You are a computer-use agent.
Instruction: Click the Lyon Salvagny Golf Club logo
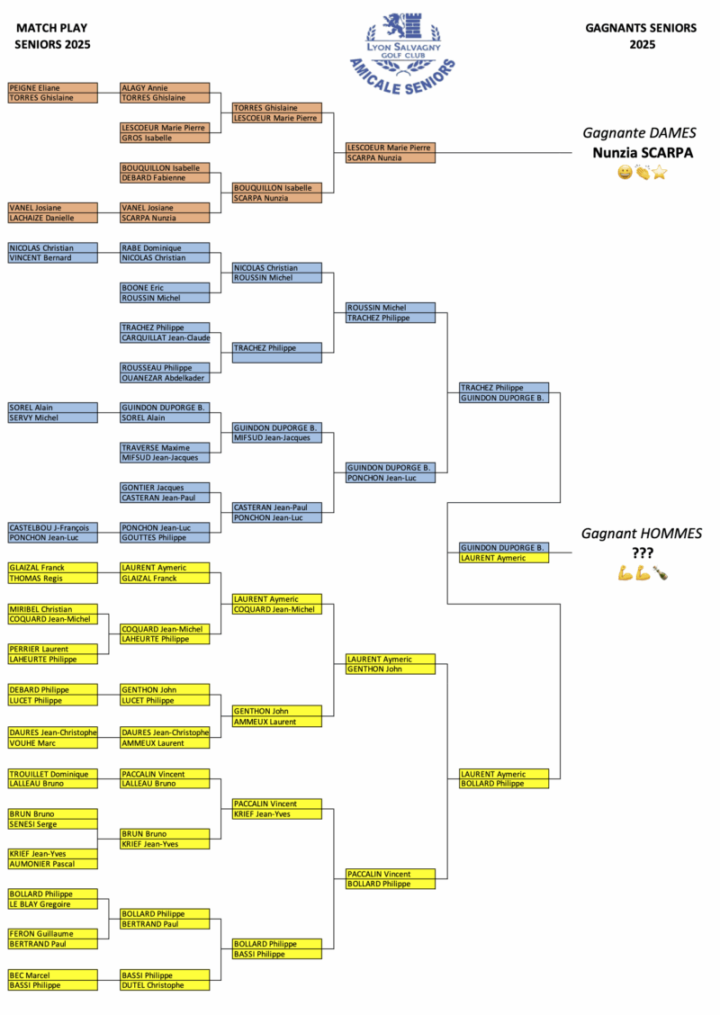[x=401, y=46]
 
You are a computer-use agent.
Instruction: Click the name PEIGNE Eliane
[x=52, y=88]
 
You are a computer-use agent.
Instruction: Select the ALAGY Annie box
[x=165, y=88]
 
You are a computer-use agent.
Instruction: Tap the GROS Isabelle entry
[x=165, y=138]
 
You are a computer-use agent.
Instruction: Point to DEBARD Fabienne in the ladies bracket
[x=165, y=178]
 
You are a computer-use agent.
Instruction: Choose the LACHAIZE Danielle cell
[x=52, y=218]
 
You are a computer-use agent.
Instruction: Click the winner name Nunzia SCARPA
[x=642, y=153]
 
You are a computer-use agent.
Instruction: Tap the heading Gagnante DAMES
[x=639, y=133]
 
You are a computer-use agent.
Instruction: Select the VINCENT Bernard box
[x=52, y=258]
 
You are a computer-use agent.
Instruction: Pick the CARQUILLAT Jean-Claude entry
[x=165, y=338]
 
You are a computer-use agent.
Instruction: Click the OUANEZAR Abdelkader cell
[x=165, y=378]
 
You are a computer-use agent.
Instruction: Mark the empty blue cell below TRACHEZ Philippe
[x=277, y=358]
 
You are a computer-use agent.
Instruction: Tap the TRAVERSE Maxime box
[x=165, y=448]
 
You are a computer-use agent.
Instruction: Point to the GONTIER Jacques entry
[x=165, y=488]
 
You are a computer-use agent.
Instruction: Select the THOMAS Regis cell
[x=52, y=579]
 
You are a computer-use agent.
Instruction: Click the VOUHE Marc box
[x=52, y=743]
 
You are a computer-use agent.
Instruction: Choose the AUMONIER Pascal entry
[x=52, y=864]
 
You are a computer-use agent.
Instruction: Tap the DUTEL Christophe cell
[x=165, y=985]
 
